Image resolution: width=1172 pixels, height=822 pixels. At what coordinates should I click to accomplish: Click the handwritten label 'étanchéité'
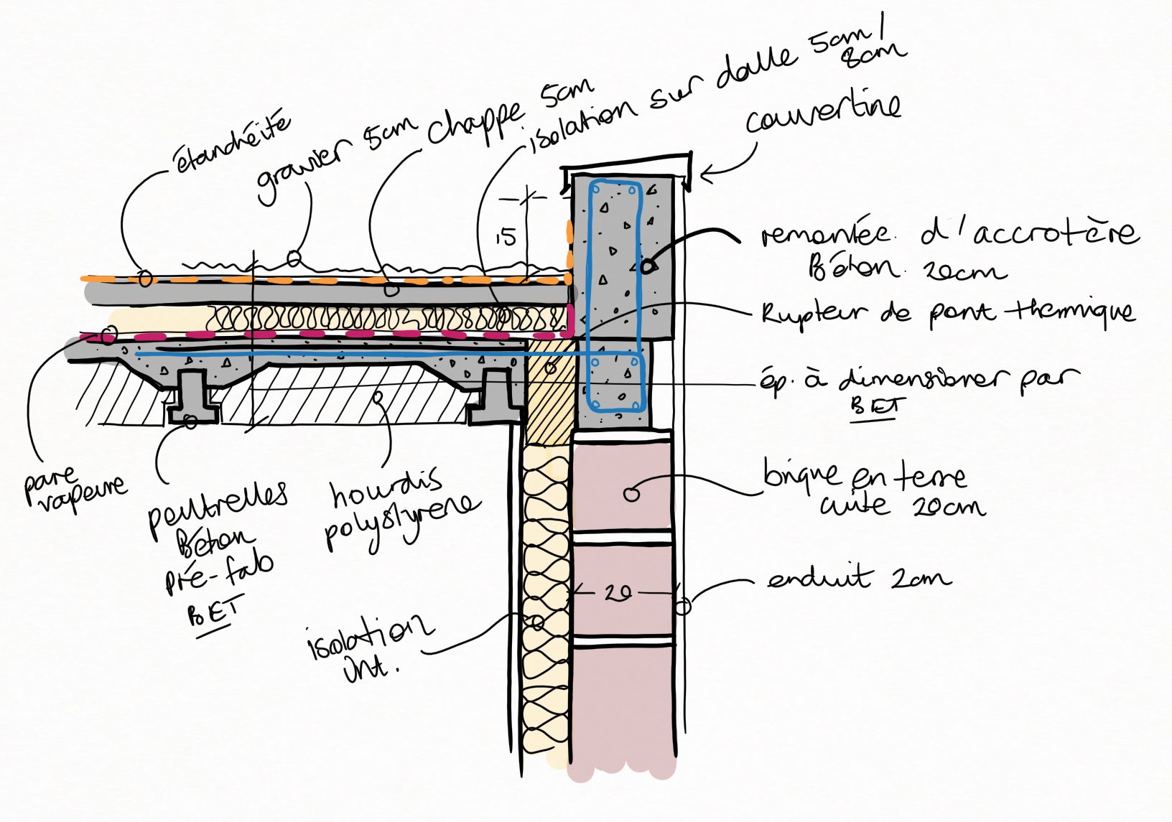tap(232, 143)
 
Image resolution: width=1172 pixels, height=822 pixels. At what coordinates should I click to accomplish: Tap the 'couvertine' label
tap(823, 114)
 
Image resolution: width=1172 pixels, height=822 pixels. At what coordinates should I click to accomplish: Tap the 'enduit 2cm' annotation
tap(859, 578)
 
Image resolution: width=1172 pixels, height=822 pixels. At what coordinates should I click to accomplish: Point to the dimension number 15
tap(506, 236)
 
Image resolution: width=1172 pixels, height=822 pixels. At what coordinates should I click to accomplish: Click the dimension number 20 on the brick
tap(618, 593)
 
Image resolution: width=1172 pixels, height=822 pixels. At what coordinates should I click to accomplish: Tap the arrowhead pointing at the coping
tap(707, 173)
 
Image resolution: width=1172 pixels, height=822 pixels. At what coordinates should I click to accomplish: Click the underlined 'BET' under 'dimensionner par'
tap(873, 407)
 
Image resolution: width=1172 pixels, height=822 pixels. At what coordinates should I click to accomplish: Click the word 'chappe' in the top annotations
tap(475, 122)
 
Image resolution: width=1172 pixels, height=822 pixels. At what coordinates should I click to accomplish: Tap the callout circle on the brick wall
tap(631, 494)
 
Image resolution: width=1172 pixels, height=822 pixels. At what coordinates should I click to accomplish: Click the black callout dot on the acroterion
tap(647, 266)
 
